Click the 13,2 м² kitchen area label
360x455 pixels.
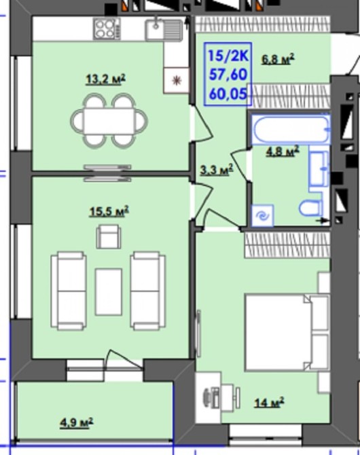106,79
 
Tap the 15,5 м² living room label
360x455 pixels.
109,211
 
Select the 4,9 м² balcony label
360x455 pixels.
76,422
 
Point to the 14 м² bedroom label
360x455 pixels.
269,403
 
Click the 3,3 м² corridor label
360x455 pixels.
217,170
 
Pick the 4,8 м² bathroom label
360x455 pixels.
283,151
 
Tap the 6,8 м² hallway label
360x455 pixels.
278,59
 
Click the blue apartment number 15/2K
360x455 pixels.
228,56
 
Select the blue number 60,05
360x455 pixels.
228,94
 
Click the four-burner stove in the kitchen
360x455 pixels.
107,29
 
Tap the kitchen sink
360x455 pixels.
164,29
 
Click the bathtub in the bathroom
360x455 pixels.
291,130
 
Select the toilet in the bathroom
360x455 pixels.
310,208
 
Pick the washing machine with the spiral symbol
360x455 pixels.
262,215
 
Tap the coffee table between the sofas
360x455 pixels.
109,292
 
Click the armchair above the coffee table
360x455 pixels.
109,236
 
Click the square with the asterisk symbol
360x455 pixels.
176,80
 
